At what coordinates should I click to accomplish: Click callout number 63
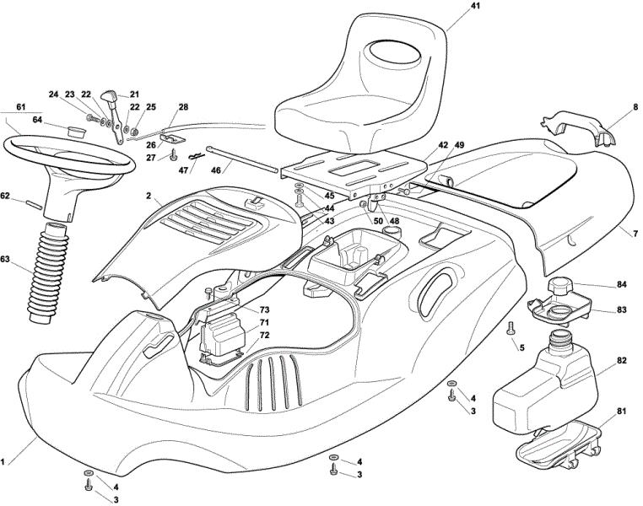[x=5, y=260]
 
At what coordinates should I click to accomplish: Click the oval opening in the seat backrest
[x=395, y=52]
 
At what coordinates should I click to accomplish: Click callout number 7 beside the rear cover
[x=635, y=234]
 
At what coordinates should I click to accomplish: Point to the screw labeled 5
[x=511, y=328]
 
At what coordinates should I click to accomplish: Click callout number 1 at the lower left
[x=3, y=462]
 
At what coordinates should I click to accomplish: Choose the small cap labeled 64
[x=76, y=132]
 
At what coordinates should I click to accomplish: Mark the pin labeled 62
[x=35, y=204]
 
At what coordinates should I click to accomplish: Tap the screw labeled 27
[x=174, y=155]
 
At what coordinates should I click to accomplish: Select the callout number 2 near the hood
[x=148, y=196]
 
